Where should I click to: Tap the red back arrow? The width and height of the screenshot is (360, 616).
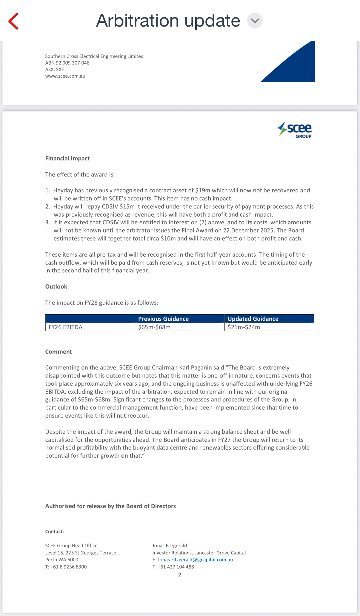[13, 21]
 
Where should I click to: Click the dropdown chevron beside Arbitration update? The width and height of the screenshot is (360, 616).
[255, 21]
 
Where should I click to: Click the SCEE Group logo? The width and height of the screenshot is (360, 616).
[294, 130]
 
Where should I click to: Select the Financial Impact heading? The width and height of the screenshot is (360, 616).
[67, 158]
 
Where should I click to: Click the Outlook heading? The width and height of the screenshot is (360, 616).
[56, 286]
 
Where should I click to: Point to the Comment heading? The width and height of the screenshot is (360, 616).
[59, 352]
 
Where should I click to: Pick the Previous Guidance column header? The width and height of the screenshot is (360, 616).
[163, 319]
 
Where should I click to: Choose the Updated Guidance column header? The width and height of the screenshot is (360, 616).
[253, 319]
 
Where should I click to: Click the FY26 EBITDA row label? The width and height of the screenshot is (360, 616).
[66, 327]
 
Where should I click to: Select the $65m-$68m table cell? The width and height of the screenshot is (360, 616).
[154, 327]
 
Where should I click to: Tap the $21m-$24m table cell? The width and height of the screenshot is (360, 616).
[244, 327]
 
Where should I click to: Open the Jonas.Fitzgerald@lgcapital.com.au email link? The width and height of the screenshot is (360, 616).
[195, 560]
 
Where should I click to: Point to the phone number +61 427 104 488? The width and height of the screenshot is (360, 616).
[176, 567]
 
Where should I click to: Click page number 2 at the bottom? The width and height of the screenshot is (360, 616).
[180, 575]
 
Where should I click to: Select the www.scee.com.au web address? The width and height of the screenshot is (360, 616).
[65, 76]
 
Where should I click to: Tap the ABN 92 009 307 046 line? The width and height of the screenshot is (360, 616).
[67, 63]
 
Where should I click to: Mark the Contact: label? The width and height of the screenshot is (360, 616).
[55, 531]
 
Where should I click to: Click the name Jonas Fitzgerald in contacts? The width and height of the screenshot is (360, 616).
[170, 545]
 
